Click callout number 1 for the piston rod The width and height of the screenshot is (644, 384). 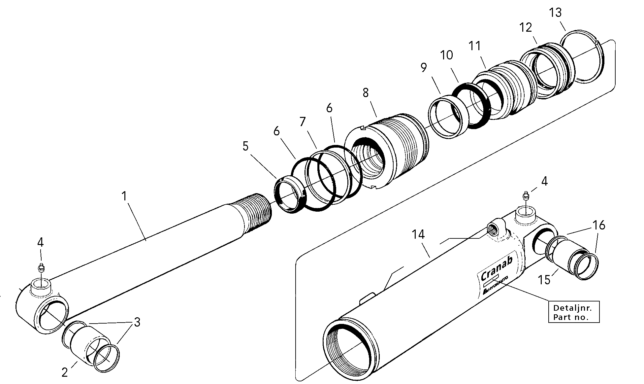pos(124,196)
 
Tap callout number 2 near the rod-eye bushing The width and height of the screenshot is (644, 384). pos(65,372)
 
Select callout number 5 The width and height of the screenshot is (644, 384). pos(245,146)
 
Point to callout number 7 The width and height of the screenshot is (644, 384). pos(303,122)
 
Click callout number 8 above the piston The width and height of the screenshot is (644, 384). pos(365,93)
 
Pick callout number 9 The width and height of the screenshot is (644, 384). pos(424,68)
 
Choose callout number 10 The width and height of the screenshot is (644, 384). pos(446,55)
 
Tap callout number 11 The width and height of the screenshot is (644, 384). pos(475,46)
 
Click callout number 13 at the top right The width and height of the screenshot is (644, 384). pos(555,13)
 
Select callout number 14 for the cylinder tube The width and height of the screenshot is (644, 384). pos(418,235)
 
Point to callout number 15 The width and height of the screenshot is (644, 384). pos(544,280)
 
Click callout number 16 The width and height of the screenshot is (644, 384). pos(599,226)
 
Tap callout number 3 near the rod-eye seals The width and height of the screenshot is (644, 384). pos(137,322)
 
